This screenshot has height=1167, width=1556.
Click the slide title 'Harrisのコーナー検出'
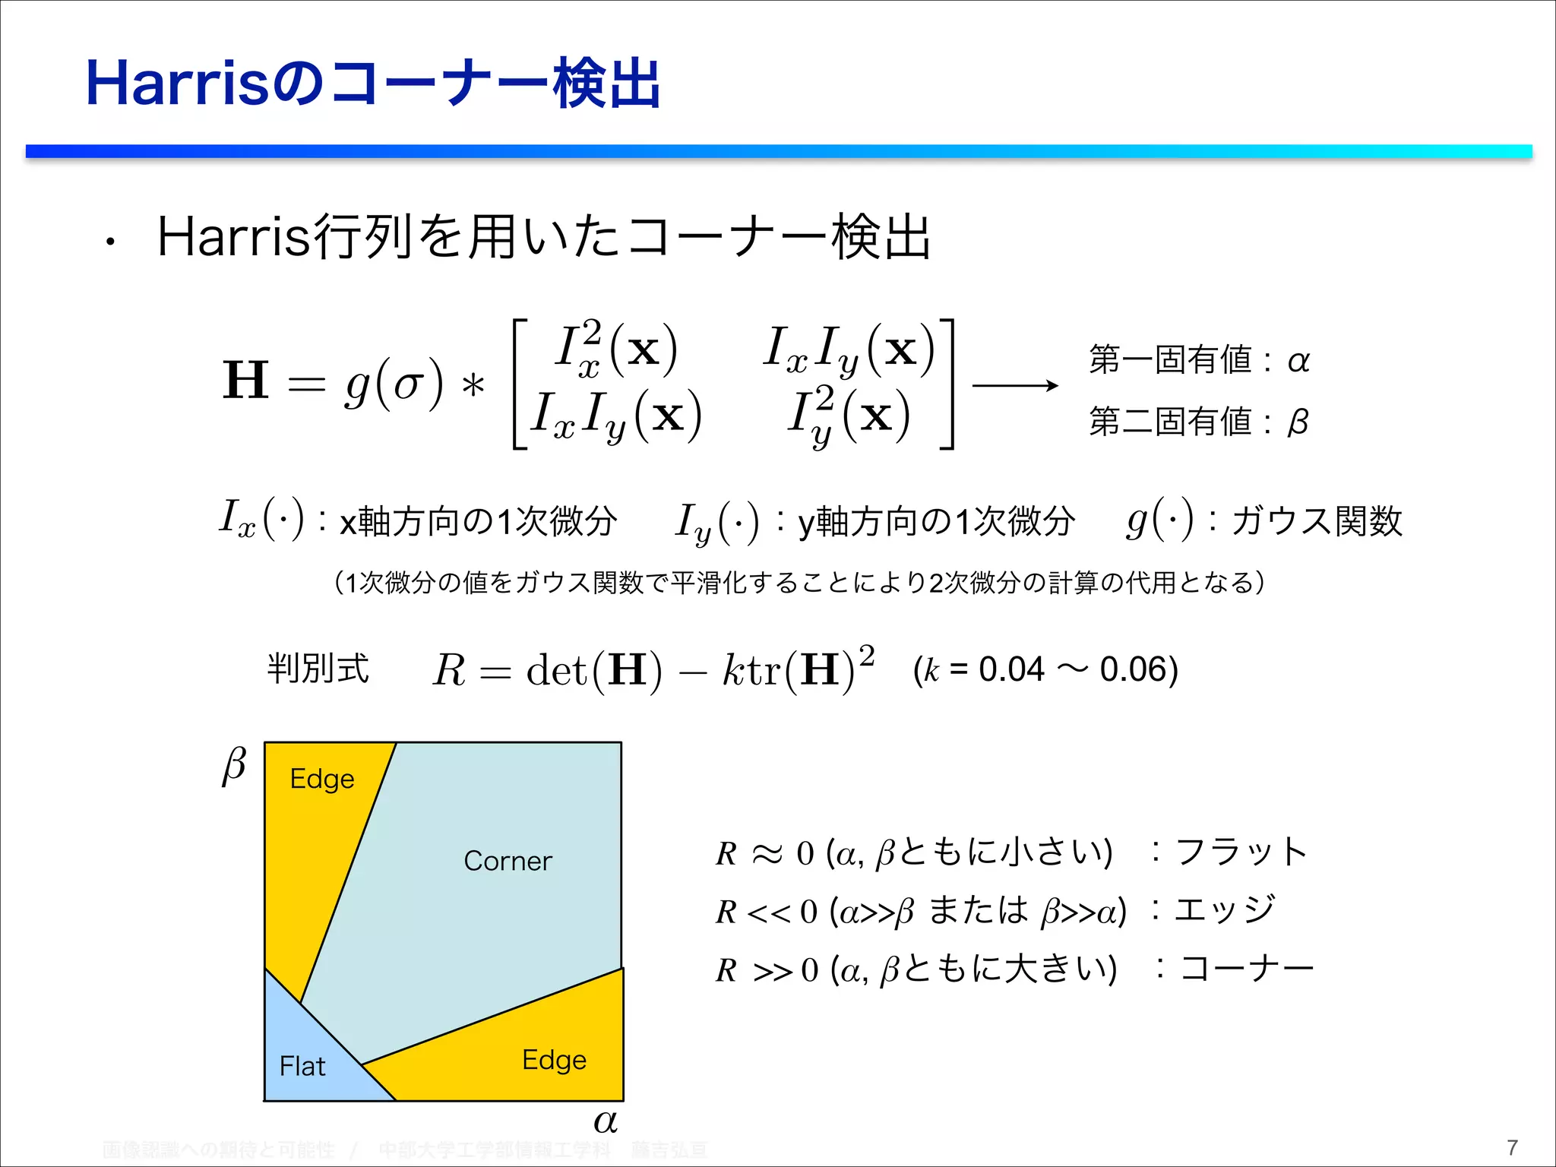click(372, 84)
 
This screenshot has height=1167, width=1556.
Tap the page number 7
click(1512, 1147)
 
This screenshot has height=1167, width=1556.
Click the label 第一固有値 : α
click(1199, 359)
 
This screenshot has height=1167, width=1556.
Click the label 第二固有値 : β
click(1199, 421)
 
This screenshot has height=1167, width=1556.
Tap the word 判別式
click(318, 669)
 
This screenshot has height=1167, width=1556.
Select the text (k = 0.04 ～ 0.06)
click(1045, 669)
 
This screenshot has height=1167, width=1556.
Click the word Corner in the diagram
click(508, 861)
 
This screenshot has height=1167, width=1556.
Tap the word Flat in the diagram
click(302, 1066)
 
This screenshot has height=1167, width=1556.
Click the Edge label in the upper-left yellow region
click(322, 779)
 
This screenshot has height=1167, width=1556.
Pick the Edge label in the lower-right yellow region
click(554, 1060)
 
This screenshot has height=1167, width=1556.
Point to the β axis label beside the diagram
click(234, 766)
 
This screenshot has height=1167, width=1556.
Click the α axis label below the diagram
click(606, 1121)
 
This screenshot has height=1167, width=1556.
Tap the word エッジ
click(1224, 909)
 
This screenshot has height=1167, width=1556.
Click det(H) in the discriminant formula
click(593, 670)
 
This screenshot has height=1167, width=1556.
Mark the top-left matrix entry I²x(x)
click(615, 349)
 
